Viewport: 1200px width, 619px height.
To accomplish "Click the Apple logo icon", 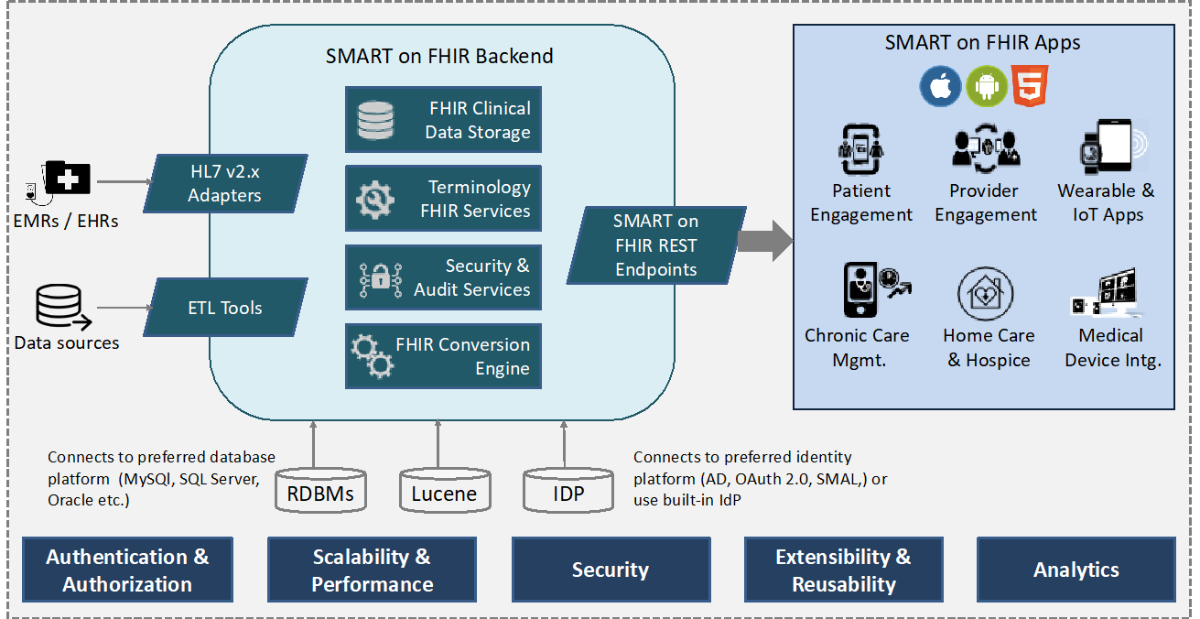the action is tap(940, 86).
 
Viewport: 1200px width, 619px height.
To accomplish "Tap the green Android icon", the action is tap(986, 86).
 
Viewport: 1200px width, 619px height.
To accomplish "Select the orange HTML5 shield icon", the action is tap(1029, 86).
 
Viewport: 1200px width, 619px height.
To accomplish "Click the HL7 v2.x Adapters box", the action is tap(225, 183).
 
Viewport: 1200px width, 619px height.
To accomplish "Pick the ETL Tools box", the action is tap(225, 307).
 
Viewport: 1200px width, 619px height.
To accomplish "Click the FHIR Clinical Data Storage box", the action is tap(443, 120).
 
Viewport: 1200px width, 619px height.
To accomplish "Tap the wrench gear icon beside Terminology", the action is tap(375, 200).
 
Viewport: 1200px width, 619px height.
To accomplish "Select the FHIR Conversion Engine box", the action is tap(443, 356).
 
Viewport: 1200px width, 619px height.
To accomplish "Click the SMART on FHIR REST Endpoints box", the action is tap(656, 244).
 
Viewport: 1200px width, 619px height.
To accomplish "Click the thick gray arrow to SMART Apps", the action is tap(765, 241).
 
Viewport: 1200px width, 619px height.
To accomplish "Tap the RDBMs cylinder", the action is tap(320, 491).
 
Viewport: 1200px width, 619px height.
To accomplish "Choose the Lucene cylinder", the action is tap(445, 491).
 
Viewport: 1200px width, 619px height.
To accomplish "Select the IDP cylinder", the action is tap(568, 491).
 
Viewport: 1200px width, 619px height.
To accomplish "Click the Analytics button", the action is tap(1076, 570).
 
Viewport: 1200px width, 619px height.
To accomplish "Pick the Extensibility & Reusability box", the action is tap(843, 570).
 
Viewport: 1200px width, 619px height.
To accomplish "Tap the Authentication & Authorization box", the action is tap(127, 570).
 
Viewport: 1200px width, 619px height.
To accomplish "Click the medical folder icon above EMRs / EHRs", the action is tap(68, 178).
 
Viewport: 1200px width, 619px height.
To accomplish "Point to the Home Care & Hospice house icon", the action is tap(985, 293).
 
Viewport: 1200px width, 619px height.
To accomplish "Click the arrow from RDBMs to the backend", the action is tap(313, 445).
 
